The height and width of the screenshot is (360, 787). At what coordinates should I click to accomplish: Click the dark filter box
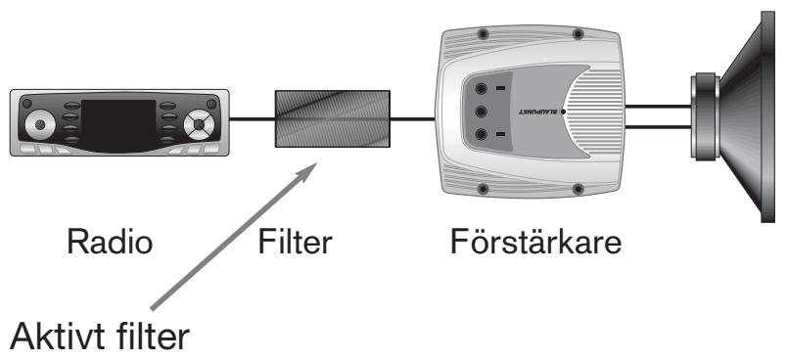coord(332,118)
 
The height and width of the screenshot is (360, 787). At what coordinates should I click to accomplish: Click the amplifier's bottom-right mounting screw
coord(579,188)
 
